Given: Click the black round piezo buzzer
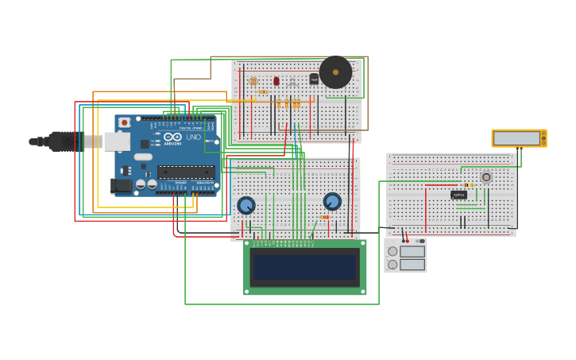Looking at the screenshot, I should click(x=335, y=72).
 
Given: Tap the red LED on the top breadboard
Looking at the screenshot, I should click(x=276, y=81).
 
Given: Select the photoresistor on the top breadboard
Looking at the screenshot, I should click(x=253, y=81).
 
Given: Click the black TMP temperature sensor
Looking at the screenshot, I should click(x=314, y=79).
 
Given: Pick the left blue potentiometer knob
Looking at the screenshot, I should click(x=246, y=205).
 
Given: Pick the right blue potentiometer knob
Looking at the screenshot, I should click(x=332, y=201).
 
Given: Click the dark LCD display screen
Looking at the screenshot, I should click(x=305, y=267).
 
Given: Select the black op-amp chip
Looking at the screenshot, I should click(x=458, y=195).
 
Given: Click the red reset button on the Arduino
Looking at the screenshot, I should click(x=125, y=123).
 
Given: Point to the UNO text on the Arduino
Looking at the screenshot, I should click(x=193, y=137).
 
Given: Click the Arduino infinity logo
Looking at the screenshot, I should click(x=172, y=137).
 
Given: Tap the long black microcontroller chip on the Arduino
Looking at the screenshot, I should click(x=186, y=172).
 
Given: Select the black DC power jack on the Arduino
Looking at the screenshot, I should click(x=121, y=185).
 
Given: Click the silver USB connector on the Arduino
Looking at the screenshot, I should click(x=116, y=141).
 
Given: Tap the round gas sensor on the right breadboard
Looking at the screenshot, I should click(x=486, y=177).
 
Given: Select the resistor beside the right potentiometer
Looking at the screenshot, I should click(x=324, y=217).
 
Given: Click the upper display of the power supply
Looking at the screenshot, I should click(x=412, y=251).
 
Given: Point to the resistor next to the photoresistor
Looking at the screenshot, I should click(x=263, y=91).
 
